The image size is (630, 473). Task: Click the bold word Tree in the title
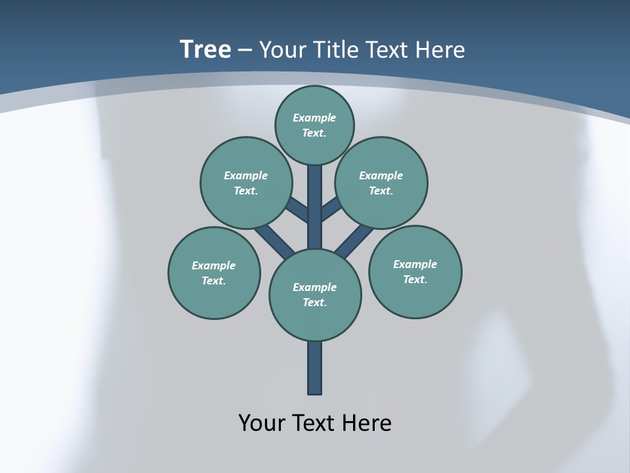tap(205, 49)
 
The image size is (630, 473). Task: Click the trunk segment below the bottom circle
tap(315, 368)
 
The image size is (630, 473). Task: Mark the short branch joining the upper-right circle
tap(331, 210)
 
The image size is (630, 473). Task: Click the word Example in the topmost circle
tap(314, 118)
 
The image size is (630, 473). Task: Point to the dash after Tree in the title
tap(245, 51)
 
